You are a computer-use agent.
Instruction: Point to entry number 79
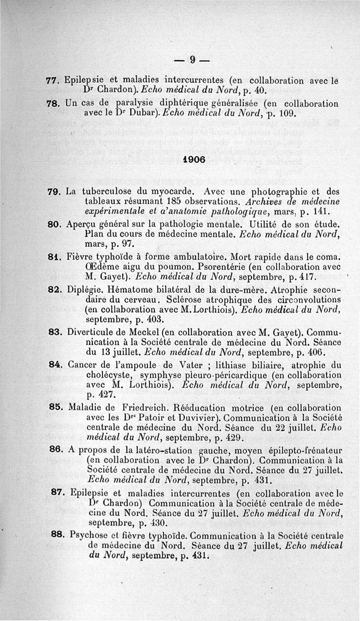(x=54, y=192)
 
